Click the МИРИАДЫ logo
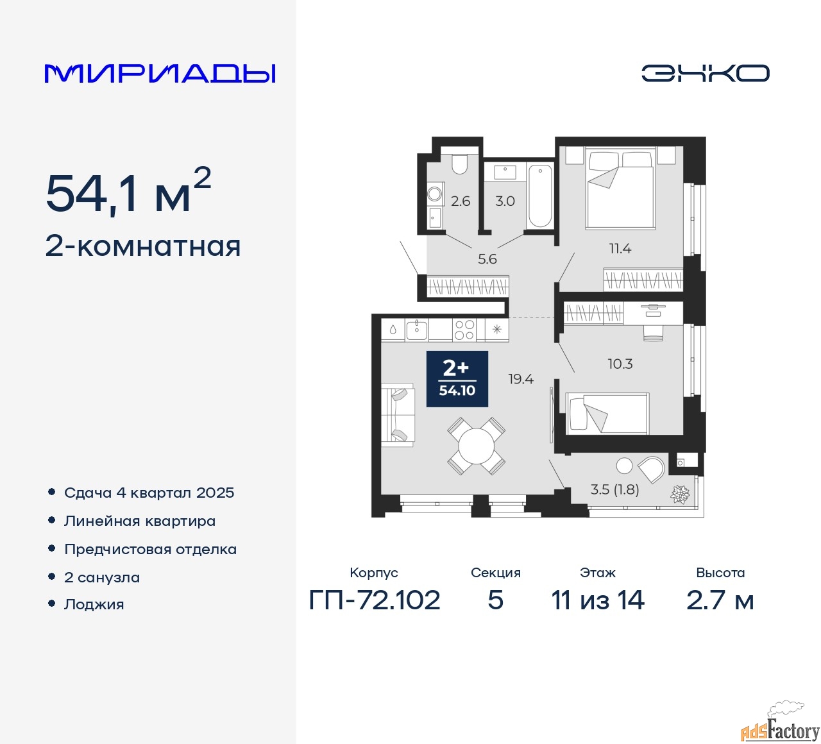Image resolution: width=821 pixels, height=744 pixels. coord(160,73)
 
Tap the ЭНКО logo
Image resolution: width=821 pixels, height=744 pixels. coord(705,73)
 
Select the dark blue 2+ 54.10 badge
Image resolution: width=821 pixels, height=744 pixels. coord(457,379)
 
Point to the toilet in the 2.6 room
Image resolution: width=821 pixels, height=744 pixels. coord(460,164)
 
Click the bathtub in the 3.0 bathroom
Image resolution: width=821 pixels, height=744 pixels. coord(540,195)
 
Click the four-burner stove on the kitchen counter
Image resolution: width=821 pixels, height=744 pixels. coord(464,330)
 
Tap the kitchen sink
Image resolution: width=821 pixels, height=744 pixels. coord(416,330)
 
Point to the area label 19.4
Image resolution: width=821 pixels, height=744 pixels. coord(521,379)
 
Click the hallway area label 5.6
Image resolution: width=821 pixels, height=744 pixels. coord(487,259)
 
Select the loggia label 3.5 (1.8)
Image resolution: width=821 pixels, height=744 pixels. coord(614,489)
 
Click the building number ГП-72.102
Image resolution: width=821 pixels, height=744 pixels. coord(375,600)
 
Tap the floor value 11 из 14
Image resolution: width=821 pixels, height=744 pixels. coord(598,600)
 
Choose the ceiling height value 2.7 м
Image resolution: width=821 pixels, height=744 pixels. coord(720,600)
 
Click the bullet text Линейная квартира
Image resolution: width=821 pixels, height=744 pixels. coord(140,521)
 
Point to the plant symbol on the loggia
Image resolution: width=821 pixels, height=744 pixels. coord(680,494)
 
